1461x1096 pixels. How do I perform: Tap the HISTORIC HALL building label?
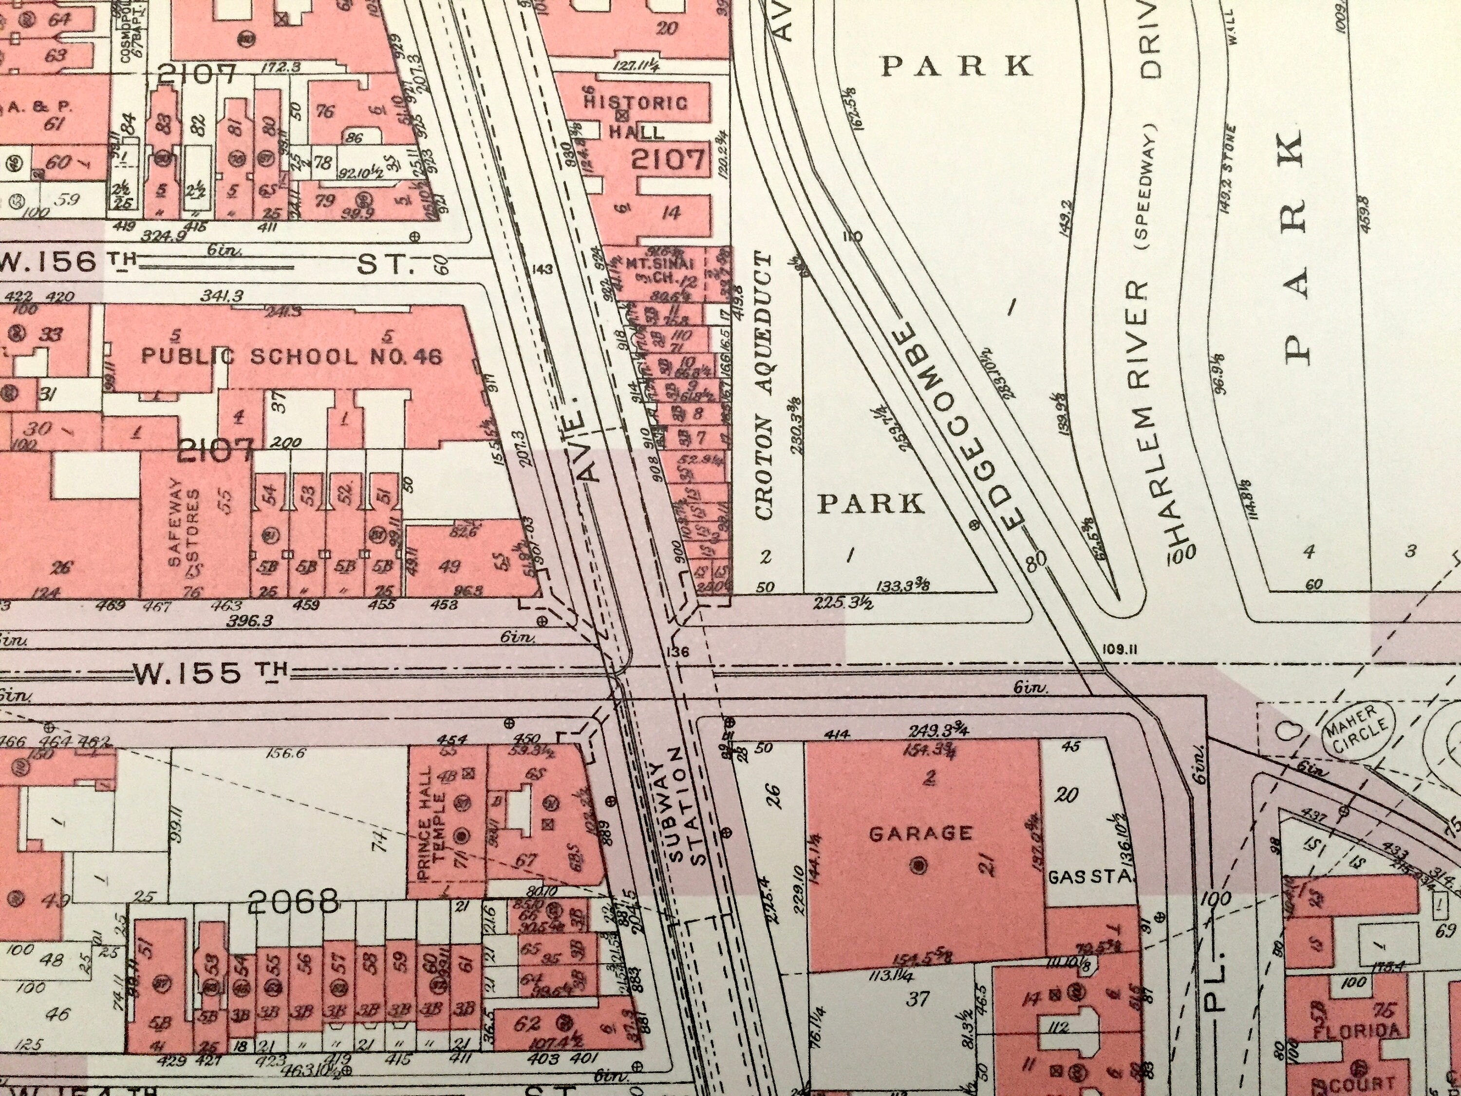[x=636, y=117]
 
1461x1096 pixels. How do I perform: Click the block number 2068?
[x=293, y=901]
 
